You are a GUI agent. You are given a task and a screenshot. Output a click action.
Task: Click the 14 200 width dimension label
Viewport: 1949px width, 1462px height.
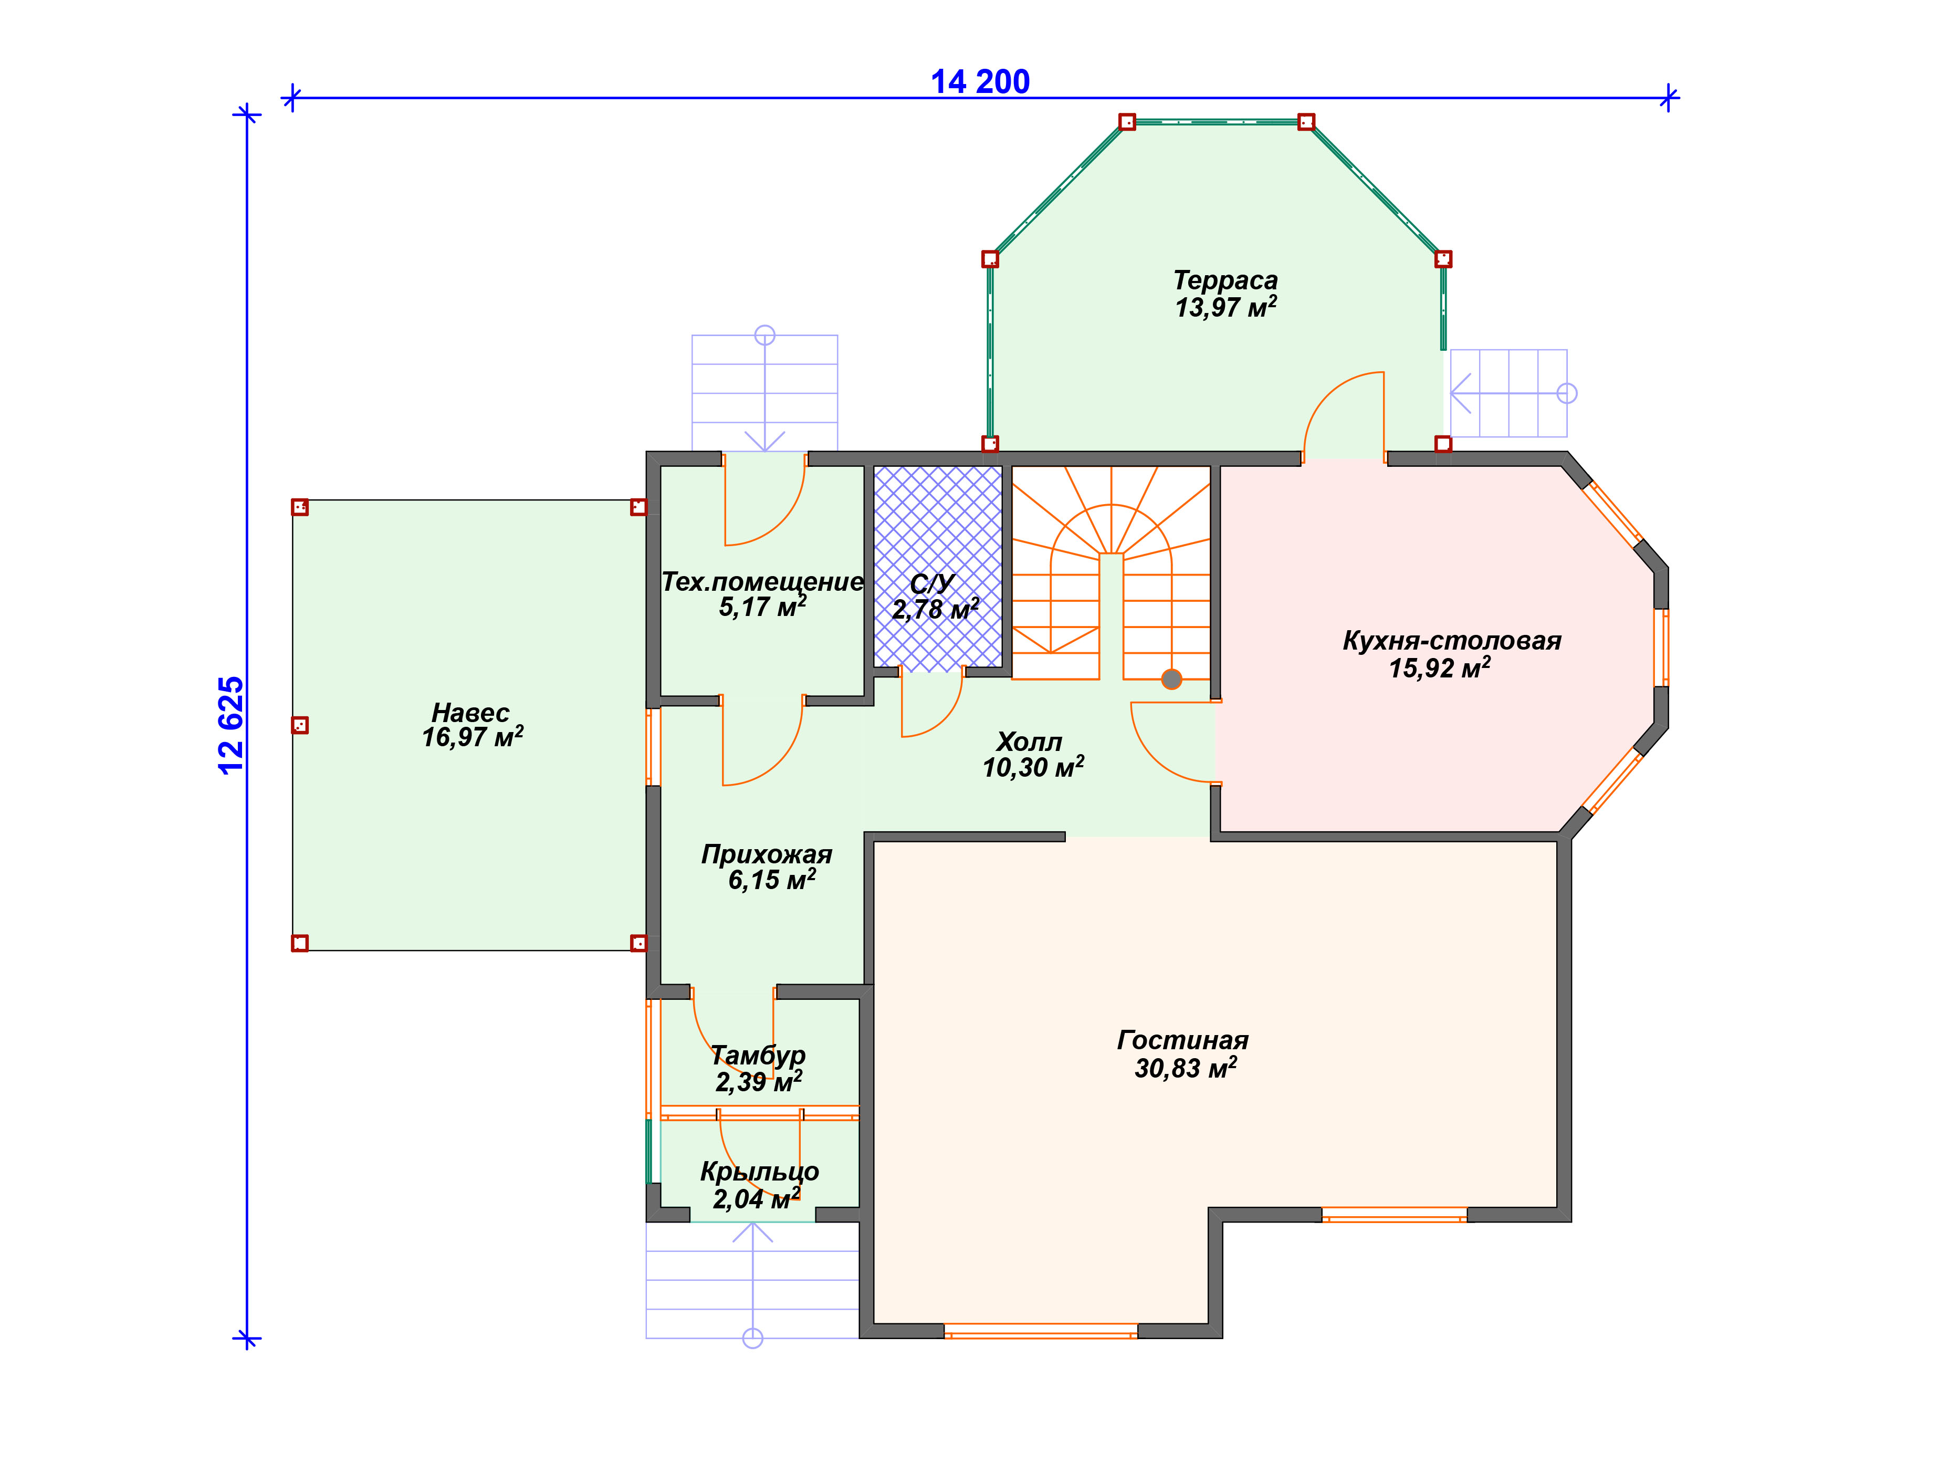click(980, 82)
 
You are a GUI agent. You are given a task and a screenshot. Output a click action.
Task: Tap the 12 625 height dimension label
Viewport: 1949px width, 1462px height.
click(231, 725)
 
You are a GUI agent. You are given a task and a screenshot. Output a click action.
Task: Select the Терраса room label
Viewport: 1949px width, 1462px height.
click(1225, 280)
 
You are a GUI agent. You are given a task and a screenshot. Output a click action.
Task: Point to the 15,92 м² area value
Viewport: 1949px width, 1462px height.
click(1440, 667)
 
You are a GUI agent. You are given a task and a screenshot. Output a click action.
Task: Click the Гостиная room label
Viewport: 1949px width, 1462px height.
click(1182, 1040)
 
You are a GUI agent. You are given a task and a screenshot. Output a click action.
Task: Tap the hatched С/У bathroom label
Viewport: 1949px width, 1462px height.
click(932, 583)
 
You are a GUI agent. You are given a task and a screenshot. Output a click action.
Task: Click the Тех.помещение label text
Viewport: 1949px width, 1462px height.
click(762, 582)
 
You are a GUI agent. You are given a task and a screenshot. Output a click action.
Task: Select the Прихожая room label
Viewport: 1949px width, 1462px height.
click(767, 854)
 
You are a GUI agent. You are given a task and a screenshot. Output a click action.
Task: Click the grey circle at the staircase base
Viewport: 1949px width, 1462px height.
click(1171, 680)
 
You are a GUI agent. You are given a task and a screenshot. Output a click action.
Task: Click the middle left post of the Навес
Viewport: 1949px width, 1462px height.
click(300, 725)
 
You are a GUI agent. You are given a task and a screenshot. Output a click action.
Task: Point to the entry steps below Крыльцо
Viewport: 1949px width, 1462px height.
click(752, 1280)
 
